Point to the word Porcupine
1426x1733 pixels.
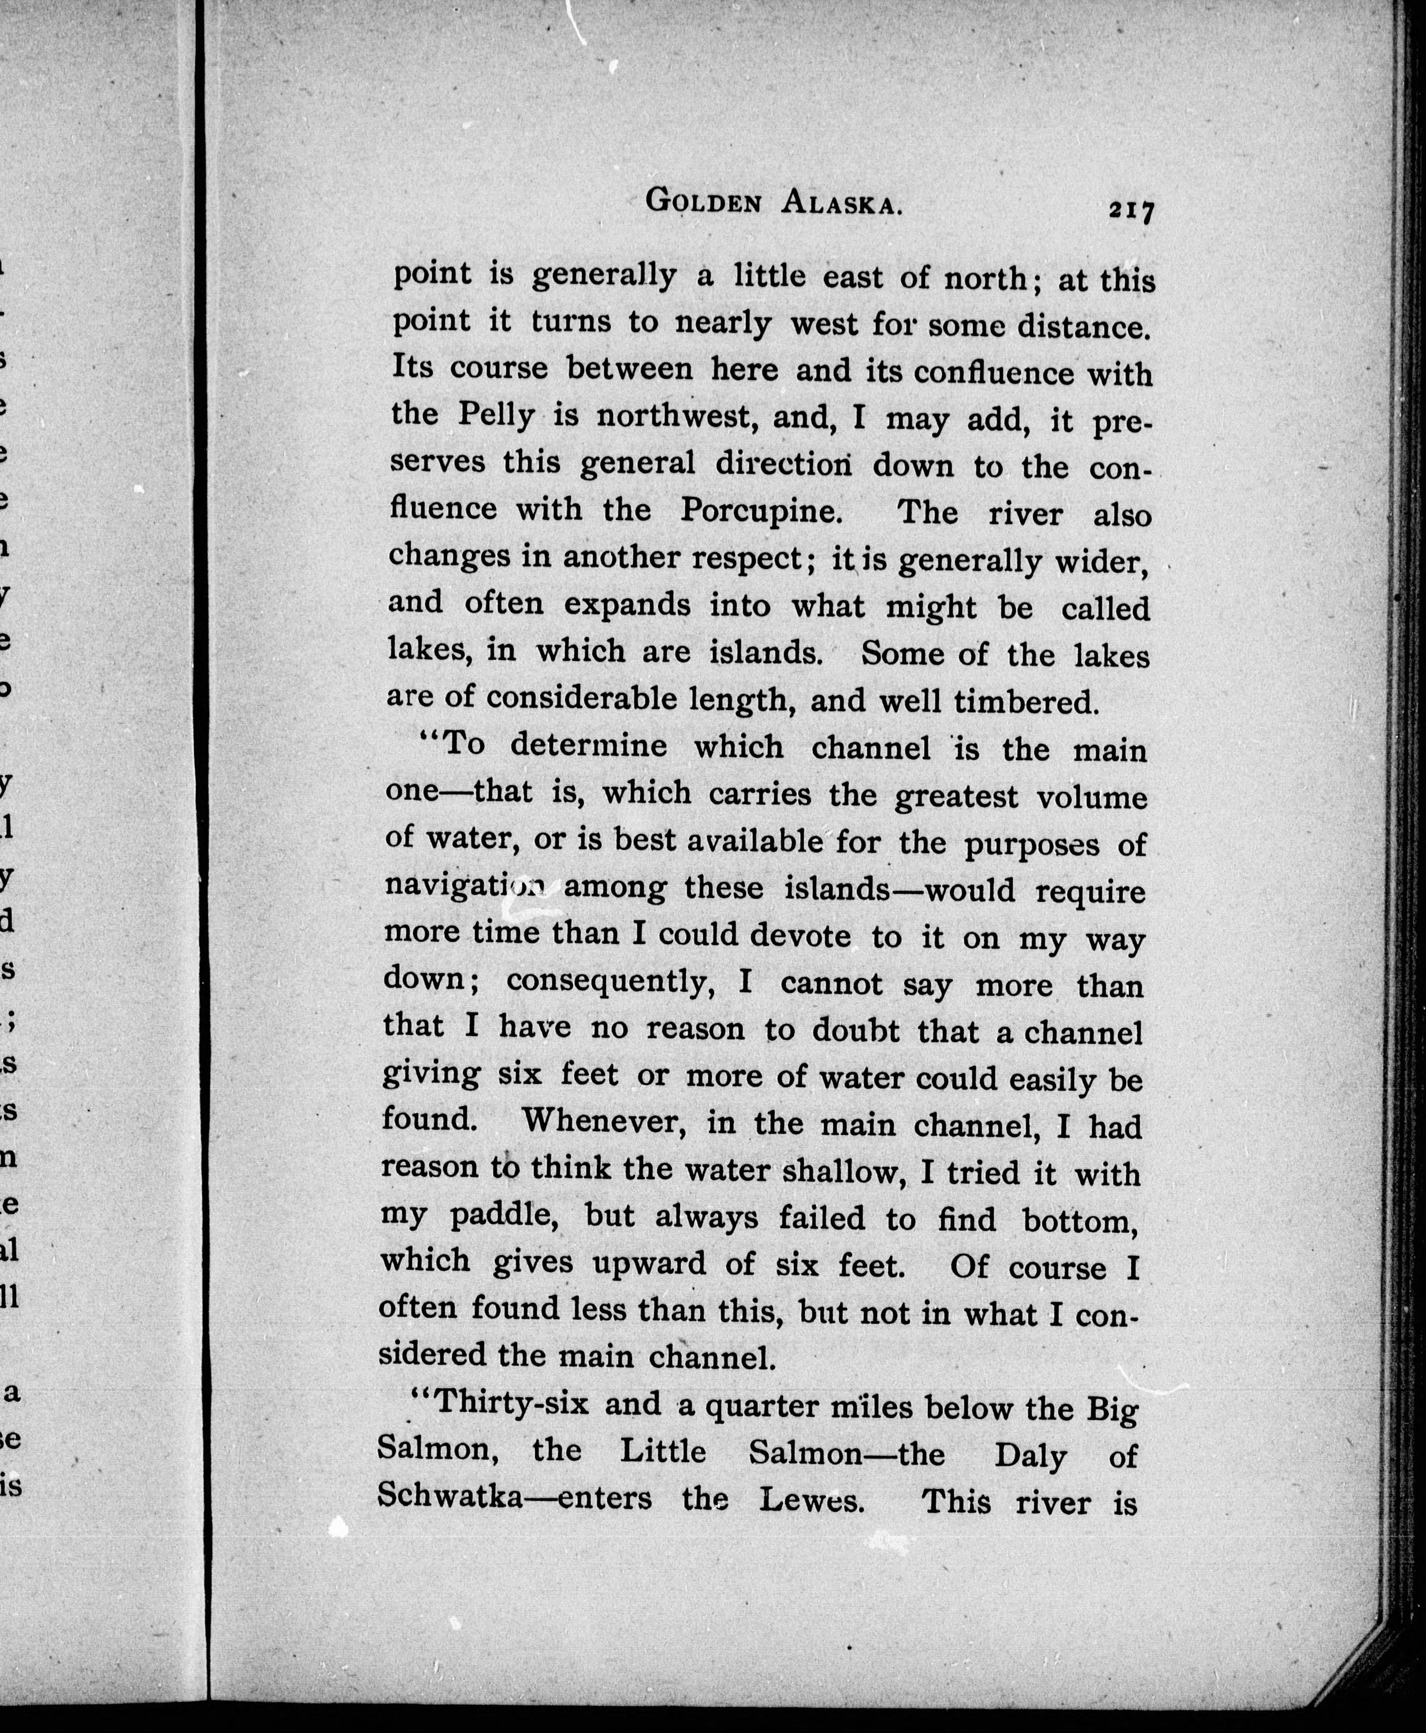point(762,511)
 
